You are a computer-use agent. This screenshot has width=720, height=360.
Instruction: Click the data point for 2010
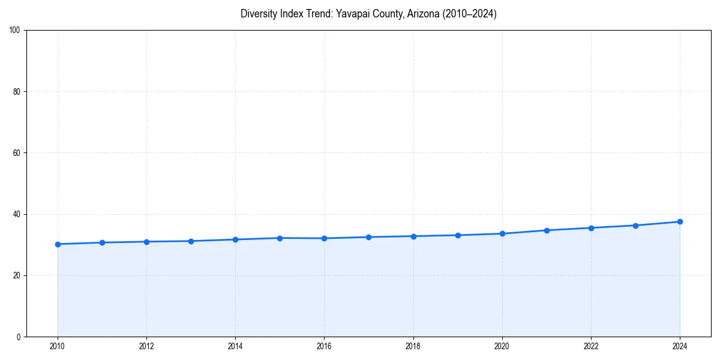coord(58,244)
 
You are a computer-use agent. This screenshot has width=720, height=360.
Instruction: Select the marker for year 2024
coord(680,222)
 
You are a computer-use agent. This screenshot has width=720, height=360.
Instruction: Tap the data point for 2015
coord(280,238)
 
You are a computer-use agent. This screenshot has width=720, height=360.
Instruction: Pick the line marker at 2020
coord(502,233)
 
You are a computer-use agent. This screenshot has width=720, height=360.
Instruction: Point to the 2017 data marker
coord(368,237)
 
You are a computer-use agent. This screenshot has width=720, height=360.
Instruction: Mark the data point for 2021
coord(547,230)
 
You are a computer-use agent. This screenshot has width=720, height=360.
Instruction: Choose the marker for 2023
coord(635,226)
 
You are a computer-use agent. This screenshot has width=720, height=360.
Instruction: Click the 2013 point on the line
coord(191,241)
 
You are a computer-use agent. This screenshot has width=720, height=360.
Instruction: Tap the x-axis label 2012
coord(146,346)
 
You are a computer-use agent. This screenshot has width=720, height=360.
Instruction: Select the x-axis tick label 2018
coord(413,346)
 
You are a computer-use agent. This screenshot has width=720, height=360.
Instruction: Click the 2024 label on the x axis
coord(680,346)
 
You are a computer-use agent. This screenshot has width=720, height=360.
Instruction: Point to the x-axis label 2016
coord(324,346)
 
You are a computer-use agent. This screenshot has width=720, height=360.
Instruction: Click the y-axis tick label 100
coord(15,31)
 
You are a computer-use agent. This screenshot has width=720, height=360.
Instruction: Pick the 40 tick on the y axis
coord(17,214)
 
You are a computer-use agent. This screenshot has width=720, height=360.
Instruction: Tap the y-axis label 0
coord(19,337)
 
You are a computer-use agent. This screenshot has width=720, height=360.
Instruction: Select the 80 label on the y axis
coord(17,92)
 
